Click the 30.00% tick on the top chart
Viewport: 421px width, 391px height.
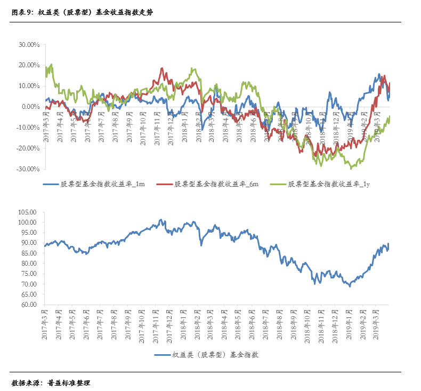[29, 44]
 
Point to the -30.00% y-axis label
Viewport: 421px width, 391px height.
[28, 169]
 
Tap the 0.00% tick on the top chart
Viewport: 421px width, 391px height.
[30, 107]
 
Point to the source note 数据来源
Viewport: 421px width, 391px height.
[51, 382]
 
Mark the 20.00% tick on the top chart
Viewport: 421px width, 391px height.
[29, 65]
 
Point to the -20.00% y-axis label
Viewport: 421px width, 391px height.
[28, 148]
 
